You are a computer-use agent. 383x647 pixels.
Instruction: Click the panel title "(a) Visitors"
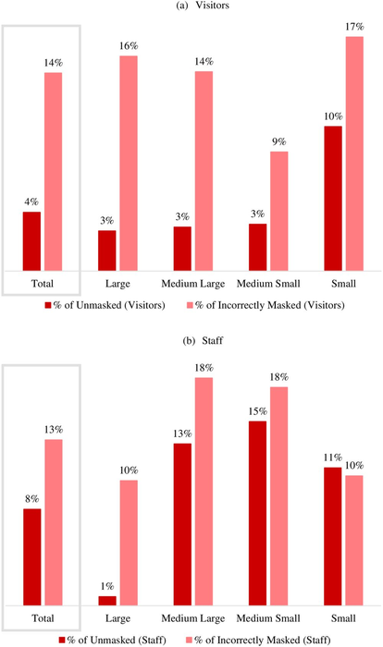tap(191, 6)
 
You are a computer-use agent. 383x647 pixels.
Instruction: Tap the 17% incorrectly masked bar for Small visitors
tap(353, 153)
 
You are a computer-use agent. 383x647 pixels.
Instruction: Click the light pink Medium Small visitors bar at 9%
tap(279, 210)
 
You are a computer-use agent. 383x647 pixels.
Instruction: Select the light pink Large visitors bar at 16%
tap(128, 162)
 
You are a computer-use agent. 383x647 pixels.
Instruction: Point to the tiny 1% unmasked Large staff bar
tap(107, 600)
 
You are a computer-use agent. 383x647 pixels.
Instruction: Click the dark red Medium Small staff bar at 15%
tap(258, 513)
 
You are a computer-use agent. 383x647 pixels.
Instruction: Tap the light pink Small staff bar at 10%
tap(353, 540)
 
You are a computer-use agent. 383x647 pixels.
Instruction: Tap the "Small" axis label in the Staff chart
tap(343, 616)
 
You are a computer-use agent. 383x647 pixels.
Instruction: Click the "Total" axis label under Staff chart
tap(42, 616)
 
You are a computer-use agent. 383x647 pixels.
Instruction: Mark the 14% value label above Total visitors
tap(53, 63)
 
